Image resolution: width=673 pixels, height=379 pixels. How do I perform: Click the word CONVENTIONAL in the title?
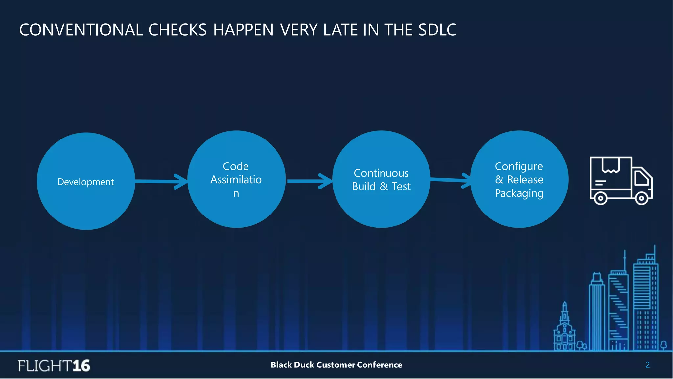pos(81,30)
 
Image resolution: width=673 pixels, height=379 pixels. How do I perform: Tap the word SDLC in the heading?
pos(437,30)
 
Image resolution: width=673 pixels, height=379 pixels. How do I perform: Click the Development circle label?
pos(86,182)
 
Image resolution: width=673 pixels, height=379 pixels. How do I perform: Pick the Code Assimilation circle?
pos(236,180)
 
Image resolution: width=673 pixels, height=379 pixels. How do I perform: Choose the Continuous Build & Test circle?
pos(381,180)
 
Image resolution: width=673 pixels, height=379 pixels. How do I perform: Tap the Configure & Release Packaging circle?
pos(519,180)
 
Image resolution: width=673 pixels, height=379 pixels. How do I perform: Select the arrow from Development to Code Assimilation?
pos(161,181)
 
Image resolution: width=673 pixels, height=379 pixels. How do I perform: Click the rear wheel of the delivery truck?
pos(600,198)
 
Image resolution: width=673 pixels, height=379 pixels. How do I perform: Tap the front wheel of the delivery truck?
pos(641,198)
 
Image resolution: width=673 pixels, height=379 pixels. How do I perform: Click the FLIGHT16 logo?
pos(54,366)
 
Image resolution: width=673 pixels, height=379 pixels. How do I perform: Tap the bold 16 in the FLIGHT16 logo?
pos(81,366)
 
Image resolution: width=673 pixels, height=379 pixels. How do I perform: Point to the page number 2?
pos(647,365)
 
